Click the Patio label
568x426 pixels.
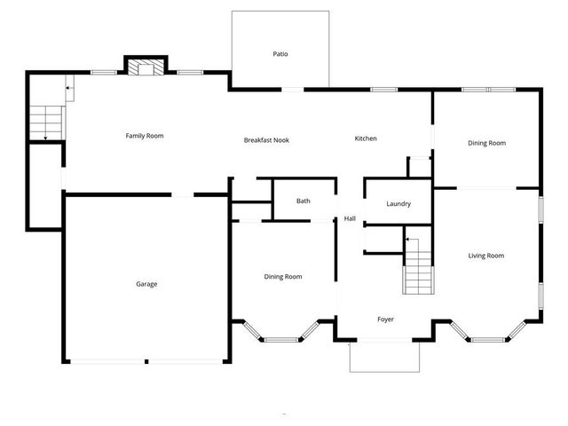[x=280, y=54]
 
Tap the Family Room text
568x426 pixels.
[x=144, y=136]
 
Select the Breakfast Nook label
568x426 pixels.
[x=266, y=140]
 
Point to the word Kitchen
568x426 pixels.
[x=366, y=138]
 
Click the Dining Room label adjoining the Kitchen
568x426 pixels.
[x=486, y=143]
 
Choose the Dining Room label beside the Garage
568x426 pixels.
[x=282, y=277]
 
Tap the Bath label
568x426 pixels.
[x=304, y=201]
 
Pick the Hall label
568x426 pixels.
[x=350, y=219]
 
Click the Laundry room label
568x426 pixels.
[x=398, y=204]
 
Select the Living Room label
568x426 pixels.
[x=486, y=256]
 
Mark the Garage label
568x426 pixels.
[x=146, y=284]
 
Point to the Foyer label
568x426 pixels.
[x=385, y=319]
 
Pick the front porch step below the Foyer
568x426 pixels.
[x=384, y=357]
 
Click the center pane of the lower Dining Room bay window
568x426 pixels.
[x=282, y=339]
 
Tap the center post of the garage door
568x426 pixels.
[x=146, y=361]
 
